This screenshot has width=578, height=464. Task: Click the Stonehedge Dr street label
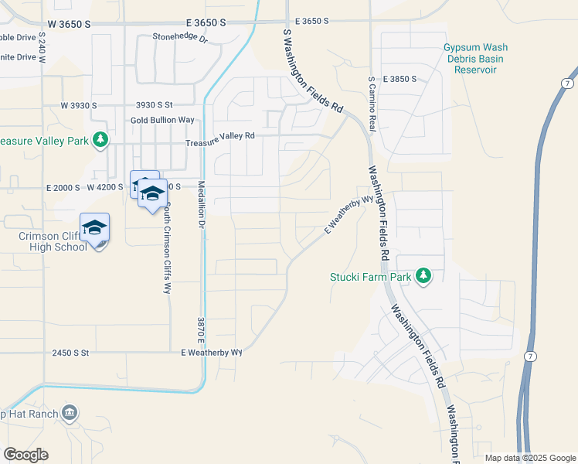point(181,37)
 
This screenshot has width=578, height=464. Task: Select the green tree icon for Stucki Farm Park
point(423,276)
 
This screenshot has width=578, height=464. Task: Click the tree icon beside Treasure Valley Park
point(100,140)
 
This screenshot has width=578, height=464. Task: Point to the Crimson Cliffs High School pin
point(94,229)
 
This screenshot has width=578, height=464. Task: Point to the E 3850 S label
point(398,79)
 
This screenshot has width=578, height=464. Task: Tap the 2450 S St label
point(71,353)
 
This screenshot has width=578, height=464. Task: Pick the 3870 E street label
point(200,329)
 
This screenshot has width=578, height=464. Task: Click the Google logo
point(25,455)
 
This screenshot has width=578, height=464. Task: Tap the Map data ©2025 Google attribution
point(529,458)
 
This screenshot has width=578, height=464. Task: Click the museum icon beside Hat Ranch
point(70,412)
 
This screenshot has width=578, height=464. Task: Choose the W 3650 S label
point(66,24)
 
